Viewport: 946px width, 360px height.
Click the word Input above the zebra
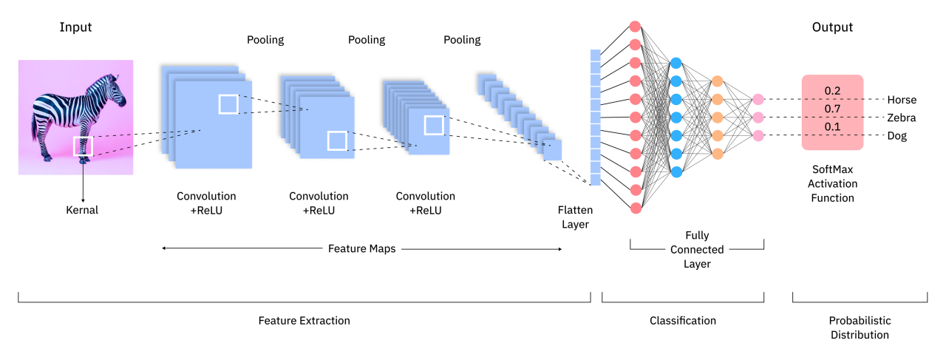pyautogui.click(x=75, y=28)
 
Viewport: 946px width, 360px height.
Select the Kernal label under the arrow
pyautogui.click(x=82, y=210)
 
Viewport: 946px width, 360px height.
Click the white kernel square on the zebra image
pyautogui.click(x=83, y=146)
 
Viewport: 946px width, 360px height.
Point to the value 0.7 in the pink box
pyautogui.click(x=833, y=109)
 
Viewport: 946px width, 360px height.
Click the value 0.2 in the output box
pyautogui.click(x=833, y=91)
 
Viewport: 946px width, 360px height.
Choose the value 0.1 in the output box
pyautogui.click(x=833, y=127)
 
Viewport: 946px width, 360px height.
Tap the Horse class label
pyautogui.click(x=902, y=100)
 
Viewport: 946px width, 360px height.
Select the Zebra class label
pyautogui.click(x=902, y=118)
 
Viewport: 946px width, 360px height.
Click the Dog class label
pyautogui.click(x=897, y=136)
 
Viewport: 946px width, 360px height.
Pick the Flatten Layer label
pyautogui.click(x=574, y=217)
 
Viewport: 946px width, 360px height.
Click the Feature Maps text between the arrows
pyautogui.click(x=361, y=249)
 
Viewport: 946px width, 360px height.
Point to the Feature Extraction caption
pyautogui.click(x=304, y=321)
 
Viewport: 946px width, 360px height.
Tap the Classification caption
pyautogui.click(x=682, y=321)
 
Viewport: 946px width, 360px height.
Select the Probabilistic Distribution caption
pyautogui.click(x=859, y=327)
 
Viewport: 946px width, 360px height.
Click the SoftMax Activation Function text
pyautogui.click(x=832, y=183)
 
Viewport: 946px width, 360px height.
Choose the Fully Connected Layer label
pyautogui.click(x=696, y=250)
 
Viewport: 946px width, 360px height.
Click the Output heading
pyautogui.click(x=832, y=28)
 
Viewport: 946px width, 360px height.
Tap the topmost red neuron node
pyautogui.click(x=635, y=26)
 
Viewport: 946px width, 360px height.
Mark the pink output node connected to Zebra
pyautogui.click(x=758, y=117)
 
